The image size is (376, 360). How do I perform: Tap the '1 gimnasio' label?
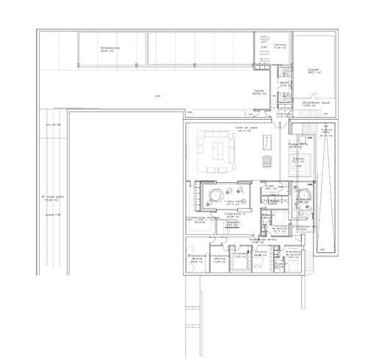click(x=279, y=46)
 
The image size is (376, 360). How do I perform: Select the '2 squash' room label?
click(x=315, y=71)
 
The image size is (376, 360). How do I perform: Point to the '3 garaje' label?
click(x=258, y=92)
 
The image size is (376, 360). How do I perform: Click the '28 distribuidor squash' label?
click(x=314, y=104)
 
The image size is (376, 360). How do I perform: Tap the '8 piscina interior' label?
click(x=328, y=133)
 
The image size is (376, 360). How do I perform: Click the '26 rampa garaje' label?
click(x=53, y=198)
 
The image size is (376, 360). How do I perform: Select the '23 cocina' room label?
click(x=260, y=254)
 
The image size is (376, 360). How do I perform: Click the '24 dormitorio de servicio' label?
click(x=292, y=253)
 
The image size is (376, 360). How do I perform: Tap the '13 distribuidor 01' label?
click(x=235, y=216)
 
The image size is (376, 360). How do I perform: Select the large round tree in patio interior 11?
click(x=216, y=194)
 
